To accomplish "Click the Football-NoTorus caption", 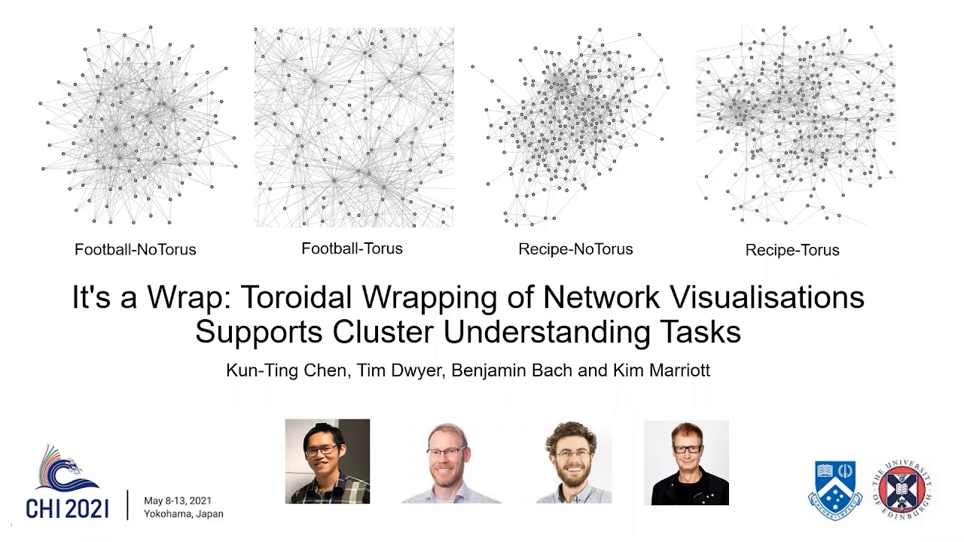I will pyautogui.click(x=136, y=249).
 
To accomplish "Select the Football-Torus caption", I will pyautogui.click(x=352, y=248).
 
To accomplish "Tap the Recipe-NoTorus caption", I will pyautogui.click(x=575, y=249).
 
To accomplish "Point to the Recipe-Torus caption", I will pyautogui.click(x=792, y=250).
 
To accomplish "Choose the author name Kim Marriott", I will pyautogui.click(x=663, y=370).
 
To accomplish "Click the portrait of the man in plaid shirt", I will pyautogui.click(x=328, y=461).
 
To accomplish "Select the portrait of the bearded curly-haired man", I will pyautogui.click(x=574, y=462).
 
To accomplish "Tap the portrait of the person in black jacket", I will pyautogui.click(x=686, y=462).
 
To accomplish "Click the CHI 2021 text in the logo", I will pyautogui.click(x=67, y=508).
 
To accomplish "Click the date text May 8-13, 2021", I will pyautogui.click(x=178, y=501).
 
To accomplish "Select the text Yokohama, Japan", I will pyautogui.click(x=183, y=514).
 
